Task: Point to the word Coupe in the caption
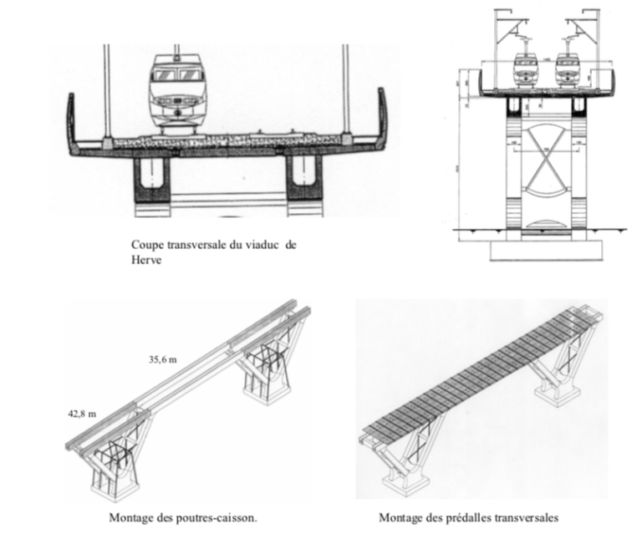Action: pos(146,245)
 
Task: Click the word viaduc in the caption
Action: pos(256,245)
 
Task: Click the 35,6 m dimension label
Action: pos(163,361)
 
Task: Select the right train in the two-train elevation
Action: pos(569,73)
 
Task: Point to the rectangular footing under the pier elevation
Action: pos(547,249)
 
